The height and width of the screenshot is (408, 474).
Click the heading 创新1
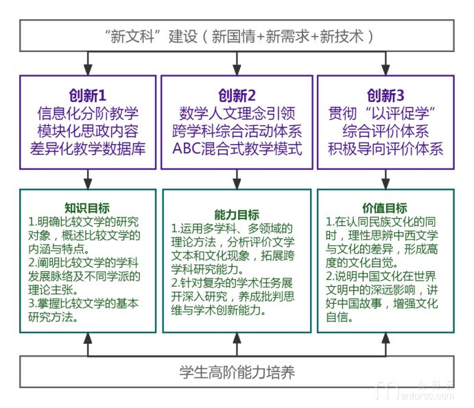click(x=88, y=94)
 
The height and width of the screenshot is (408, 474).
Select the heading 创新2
click(x=237, y=94)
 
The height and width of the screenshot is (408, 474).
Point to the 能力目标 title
click(x=237, y=214)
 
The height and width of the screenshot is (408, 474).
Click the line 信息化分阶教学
click(x=88, y=112)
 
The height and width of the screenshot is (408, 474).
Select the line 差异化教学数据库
click(x=88, y=147)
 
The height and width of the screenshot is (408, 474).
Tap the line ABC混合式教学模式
click(x=237, y=147)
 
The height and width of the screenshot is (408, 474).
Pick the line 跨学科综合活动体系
click(x=237, y=130)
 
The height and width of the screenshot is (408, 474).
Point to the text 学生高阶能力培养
click(x=237, y=373)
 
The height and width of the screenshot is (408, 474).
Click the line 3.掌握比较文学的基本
click(x=83, y=303)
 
